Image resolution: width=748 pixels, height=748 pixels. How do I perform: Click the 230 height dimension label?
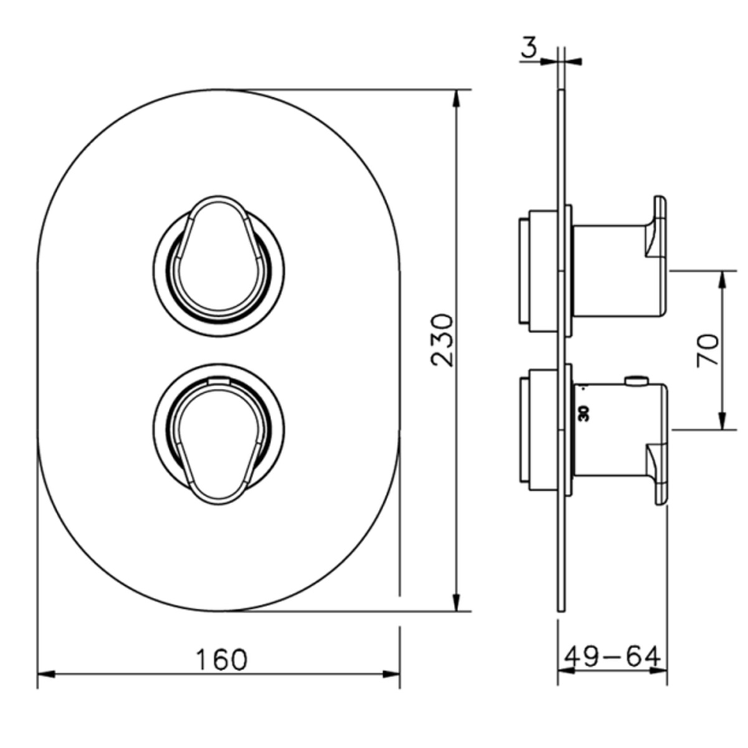[443, 340]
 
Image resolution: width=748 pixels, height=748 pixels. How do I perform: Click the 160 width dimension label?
[222, 659]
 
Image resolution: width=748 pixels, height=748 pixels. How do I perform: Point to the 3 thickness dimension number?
[529, 48]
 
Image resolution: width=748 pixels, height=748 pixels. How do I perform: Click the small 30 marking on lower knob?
[584, 413]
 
